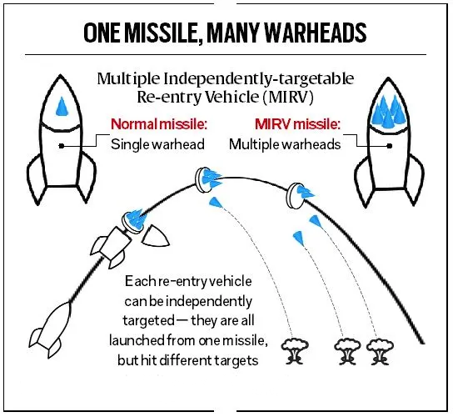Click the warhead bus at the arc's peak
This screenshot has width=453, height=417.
[202, 176]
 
